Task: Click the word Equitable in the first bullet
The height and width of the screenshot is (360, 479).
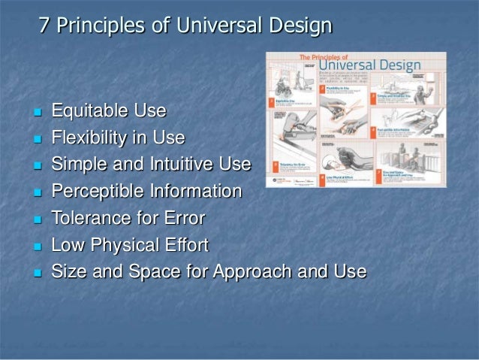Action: coord(89,113)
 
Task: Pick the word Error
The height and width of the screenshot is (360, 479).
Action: coord(184,219)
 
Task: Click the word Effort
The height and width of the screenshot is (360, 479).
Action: coord(185,245)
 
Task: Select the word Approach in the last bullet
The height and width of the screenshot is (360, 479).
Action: coord(258,271)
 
